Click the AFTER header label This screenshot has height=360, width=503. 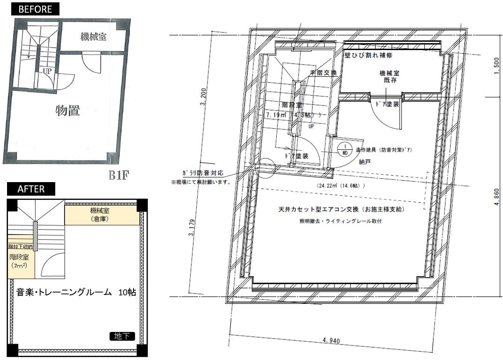click(31, 189)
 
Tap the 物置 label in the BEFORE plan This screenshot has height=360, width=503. click(68, 111)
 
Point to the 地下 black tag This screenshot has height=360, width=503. click(123, 336)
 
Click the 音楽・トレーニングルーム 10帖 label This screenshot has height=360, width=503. click(76, 293)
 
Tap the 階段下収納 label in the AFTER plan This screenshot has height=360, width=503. click(20, 247)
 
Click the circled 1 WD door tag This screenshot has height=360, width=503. click(345, 149)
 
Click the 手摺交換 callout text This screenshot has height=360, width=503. click(323, 73)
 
